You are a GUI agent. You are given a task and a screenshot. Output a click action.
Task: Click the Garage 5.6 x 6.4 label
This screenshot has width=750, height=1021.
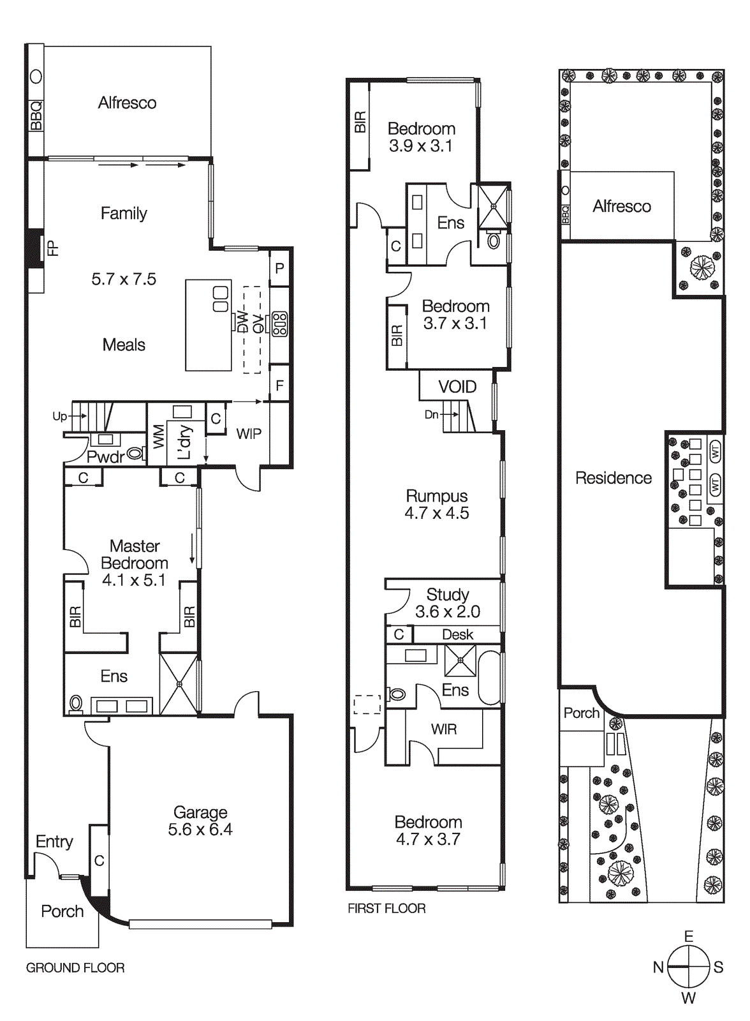pyautogui.click(x=200, y=821)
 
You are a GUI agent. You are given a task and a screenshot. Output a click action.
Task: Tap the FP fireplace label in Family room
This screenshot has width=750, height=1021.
pyautogui.click(x=53, y=248)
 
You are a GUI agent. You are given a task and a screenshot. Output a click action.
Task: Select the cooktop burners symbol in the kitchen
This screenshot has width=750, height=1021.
pyautogui.click(x=279, y=324)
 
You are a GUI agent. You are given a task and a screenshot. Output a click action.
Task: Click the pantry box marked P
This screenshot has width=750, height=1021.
pyautogui.click(x=279, y=269)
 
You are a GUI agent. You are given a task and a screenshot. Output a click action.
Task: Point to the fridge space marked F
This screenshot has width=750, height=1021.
pyautogui.click(x=279, y=385)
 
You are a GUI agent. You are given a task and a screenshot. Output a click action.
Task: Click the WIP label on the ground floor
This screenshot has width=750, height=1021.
pyautogui.click(x=249, y=434)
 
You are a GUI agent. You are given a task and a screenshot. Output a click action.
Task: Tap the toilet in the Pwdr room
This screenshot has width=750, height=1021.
pyautogui.click(x=135, y=454)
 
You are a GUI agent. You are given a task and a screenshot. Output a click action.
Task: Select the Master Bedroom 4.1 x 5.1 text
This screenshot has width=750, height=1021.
pyautogui.click(x=135, y=563)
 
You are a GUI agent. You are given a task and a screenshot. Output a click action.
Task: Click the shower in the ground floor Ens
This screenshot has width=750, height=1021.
pyautogui.click(x=179, y=683)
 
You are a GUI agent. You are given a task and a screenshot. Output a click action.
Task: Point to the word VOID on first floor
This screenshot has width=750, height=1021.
pyautogui.click(x=457, y=387)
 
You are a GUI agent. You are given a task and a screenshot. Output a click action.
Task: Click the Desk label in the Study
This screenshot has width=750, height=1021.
pyautogui.click(x=457, y=634)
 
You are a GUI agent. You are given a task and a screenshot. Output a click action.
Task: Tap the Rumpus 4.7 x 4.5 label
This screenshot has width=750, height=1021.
pyautogui.click(x=437, y=504)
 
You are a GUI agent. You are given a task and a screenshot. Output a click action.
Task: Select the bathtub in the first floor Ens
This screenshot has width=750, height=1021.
pyautogui.click(x=490, y=677)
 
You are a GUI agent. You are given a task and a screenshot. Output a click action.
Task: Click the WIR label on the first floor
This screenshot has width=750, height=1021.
pyautogui.click(x=444, y=729)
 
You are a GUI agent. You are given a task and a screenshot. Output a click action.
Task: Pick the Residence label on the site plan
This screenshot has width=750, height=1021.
pyautogui.click(x=614, y=478)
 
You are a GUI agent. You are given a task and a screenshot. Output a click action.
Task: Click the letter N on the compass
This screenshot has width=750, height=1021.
pyautogui.click(x=658, y=967)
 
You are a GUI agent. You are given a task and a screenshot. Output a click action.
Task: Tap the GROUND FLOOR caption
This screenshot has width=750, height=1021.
pyautogui.click(x=75, y=967)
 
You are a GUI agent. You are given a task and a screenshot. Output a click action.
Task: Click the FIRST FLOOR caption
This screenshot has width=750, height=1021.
pyautogui.click(x=386, y=908)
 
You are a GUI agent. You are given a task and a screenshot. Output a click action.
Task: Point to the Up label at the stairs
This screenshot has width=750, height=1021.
pyautogui.click(x=59, y=416)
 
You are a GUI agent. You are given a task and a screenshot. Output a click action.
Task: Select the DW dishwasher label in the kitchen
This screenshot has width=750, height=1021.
pyautogui.click(x=242, y=322)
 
